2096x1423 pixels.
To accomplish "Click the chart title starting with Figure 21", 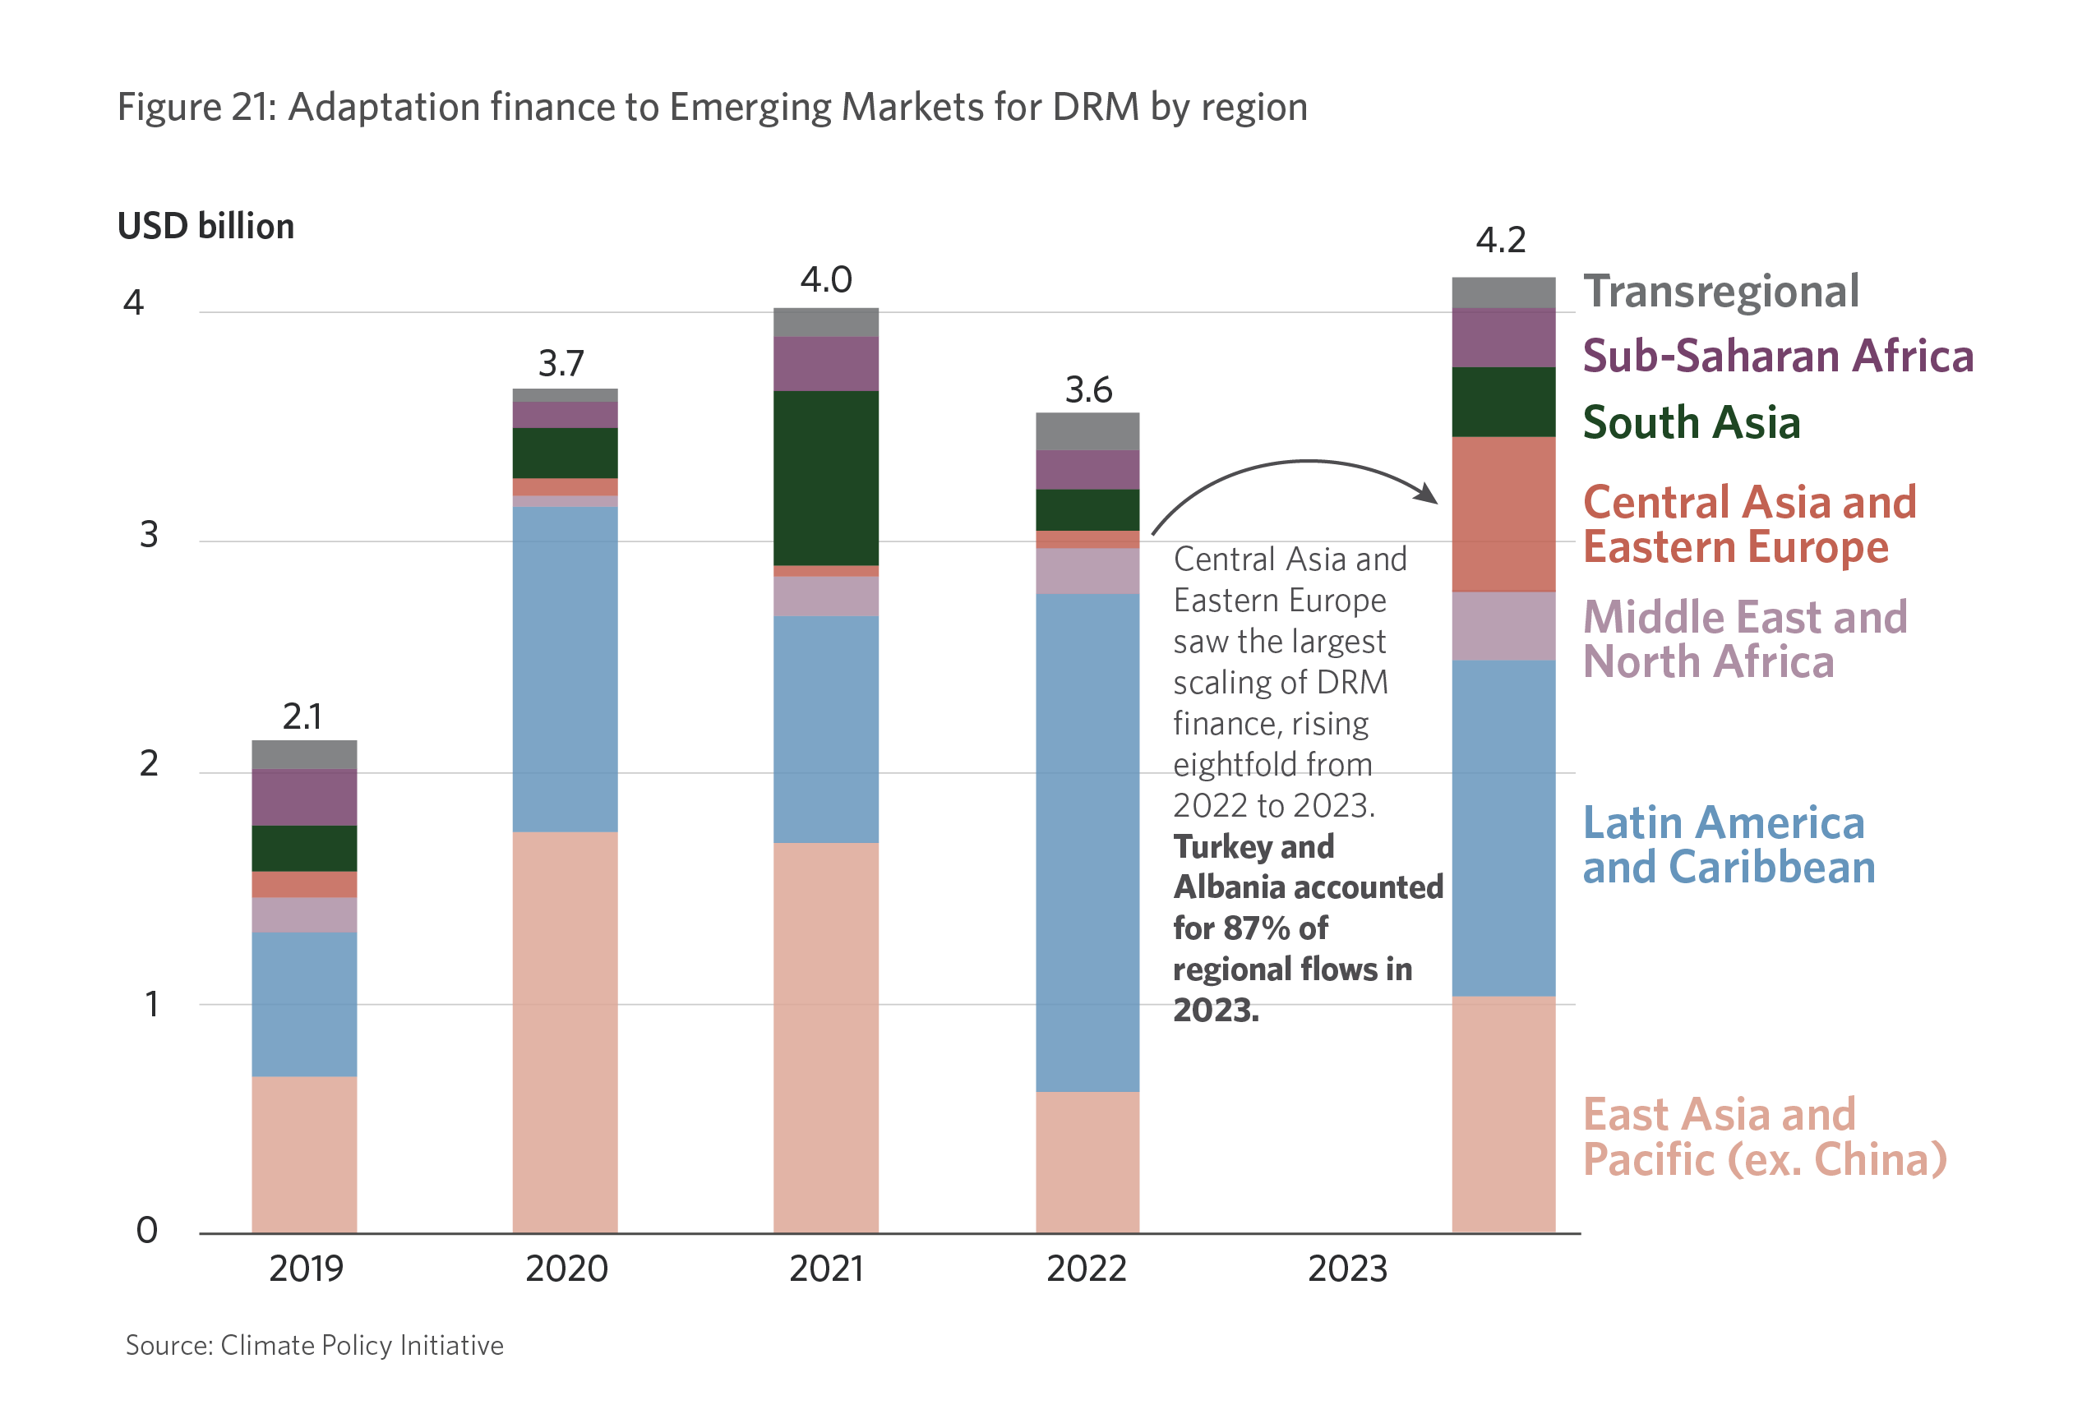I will pyautogui.click(x=712, y=108).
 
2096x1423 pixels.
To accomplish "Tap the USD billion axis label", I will pyautogui.click(x=205, y=226).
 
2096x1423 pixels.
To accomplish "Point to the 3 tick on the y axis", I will pyautogui.click(x=149, y=535).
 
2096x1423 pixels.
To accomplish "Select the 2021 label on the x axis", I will pyautogui.click(x=826, y=1269).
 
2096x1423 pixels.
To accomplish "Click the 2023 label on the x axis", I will pyautogui.click(x=1347, y=1269).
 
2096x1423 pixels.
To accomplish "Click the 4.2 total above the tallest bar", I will pyautogui.click(x=1501, y=240).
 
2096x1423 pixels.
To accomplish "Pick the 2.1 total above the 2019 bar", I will pyautogui.click(x=302, y=717).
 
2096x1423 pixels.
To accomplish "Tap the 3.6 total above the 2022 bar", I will pyautogui.click(x=1088, y=390).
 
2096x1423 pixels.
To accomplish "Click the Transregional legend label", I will pyautogui.click(x=1721, y=292).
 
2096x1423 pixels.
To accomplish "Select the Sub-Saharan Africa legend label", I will pyautogui.click(x=1778, y=357).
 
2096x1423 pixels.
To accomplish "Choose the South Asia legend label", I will pyautogui.click(x=1691, y=423).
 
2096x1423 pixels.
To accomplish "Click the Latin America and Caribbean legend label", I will pyautogui.click(x=1728, y=845).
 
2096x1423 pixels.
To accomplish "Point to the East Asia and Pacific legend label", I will pyautogui.click(x=1764, y=1136).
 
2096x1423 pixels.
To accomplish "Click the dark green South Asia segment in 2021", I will pyautogui.click(x=826, y=478).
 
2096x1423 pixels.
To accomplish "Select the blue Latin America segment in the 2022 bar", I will pyautogui.click(x=1087, y=843).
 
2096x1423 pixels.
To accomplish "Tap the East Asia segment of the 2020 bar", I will pyautogui.click(x=566, y=1032).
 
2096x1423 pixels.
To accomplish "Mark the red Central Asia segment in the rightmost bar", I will pyautogui.click(x=1503, y=514).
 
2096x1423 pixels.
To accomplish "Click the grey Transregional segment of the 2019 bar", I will pyautogui.click(x=304, y=755).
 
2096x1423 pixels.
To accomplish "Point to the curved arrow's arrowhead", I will pyautogui.click(x=1428, y=494).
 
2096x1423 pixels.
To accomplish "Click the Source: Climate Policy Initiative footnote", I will pyautogui.click(x=314, y=1346).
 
